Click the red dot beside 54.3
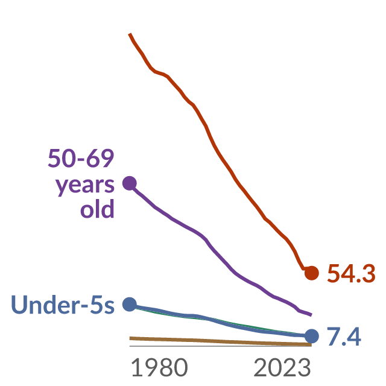coord(312,273)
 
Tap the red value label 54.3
coord(351,273)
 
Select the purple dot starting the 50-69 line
coord(130,183)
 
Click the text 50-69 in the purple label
coord(81,158)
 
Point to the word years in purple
coord(85,185)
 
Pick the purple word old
coord(97,209)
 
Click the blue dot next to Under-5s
coord(130,304)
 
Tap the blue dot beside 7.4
coord(312,336)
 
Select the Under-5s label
coord(63,305)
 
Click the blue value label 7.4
coord(344,337)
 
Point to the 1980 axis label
coord(159,367)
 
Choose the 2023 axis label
coord(282,367)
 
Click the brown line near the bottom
coord(221,341)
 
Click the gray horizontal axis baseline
coord(221,346)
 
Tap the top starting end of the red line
coord(130,34)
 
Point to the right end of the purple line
coord(311,315)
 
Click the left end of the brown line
coord(130,338)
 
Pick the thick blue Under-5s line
coord(221,321)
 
